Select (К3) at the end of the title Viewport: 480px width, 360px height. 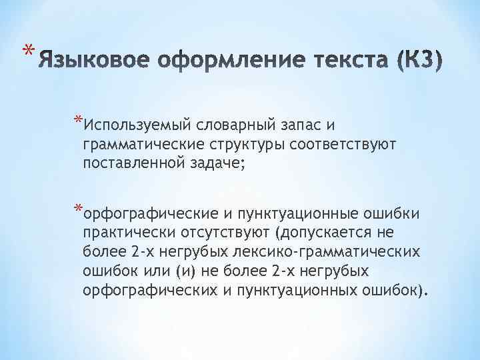[x=417, y=64]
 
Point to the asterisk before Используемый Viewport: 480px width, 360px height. [x=79, y=121]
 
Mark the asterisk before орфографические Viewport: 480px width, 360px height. [x=79, y=211]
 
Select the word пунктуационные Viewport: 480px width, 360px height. [x=291, y=214]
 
